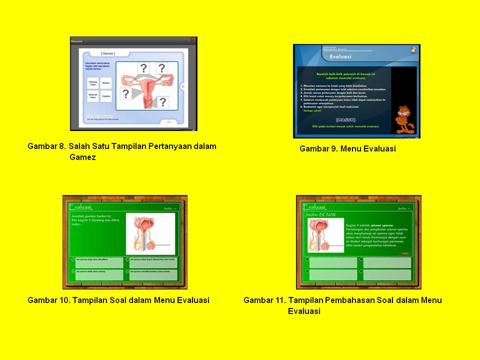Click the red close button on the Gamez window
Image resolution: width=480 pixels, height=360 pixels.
[192, 39]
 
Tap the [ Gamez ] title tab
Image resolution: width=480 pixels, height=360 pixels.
[108, 53]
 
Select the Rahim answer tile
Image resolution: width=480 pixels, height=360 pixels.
[106, 83]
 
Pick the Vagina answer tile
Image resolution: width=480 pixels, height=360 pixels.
[106, 96]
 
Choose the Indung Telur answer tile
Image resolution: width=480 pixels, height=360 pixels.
[93, 83]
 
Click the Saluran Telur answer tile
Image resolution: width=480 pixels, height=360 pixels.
[93, 96]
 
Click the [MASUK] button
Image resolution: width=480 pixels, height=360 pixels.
[345, 120]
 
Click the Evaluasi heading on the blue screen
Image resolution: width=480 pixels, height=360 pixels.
[340, 57]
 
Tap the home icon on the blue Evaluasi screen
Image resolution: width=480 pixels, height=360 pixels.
[413, 49]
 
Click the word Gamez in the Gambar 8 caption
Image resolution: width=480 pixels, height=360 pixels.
[82, 157]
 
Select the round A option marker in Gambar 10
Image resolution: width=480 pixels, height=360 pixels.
[73, 259]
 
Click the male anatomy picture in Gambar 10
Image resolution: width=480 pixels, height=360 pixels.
[150, 233]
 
